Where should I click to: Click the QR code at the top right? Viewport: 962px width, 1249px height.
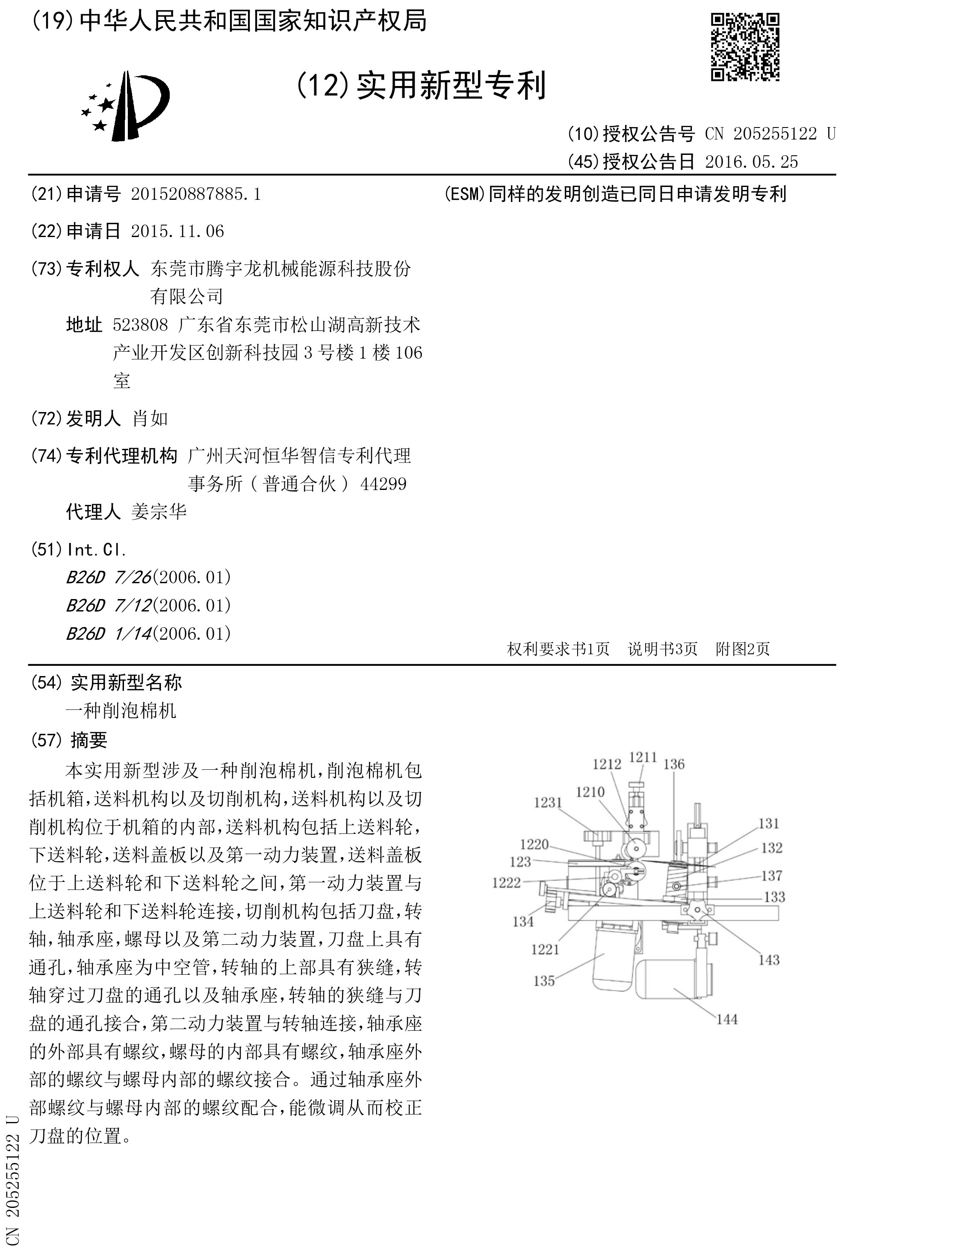click(745, 47)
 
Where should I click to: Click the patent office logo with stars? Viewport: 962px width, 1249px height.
click(126, 106)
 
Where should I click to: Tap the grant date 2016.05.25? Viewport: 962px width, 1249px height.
click(751, 162)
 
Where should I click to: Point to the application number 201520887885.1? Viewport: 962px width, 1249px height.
click(195, 194)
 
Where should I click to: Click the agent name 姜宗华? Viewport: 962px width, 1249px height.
click(159, 512)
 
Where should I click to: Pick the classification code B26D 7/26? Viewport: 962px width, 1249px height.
click(108, 577)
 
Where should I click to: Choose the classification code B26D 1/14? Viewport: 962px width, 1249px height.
click(108, 633)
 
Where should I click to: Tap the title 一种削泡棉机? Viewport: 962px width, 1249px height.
click(121, 711)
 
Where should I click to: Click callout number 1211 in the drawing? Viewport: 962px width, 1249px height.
click(643, 757)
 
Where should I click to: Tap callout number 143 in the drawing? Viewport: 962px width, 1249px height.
click(769, 960)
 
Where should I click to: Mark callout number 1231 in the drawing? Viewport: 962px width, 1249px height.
click(548, 802)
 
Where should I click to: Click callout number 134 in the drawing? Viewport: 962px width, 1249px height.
click(523, 921)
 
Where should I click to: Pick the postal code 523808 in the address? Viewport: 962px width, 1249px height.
click(140, 325)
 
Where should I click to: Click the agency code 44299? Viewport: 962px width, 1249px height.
click(383, 484)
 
